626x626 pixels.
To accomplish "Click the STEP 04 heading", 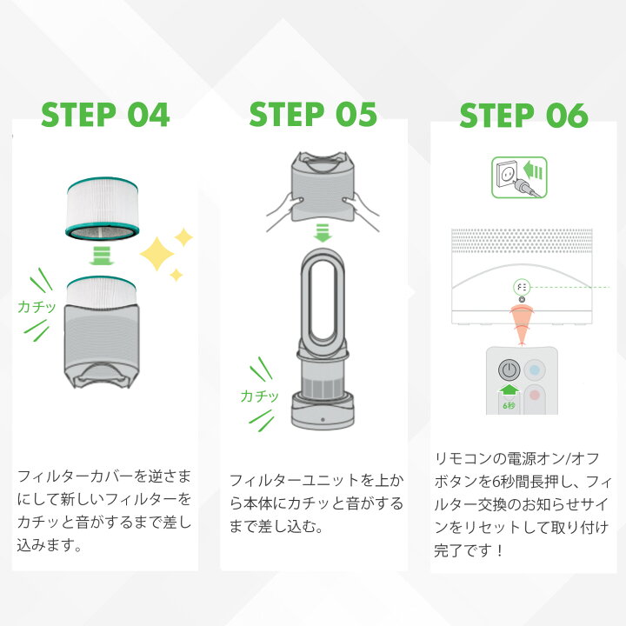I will [x=105, y=115].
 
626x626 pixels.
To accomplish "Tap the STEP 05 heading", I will [x=313, y=115].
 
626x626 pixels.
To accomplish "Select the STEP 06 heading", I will [x=523, y=116].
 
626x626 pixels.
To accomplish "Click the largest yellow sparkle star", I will [x=157, y=254].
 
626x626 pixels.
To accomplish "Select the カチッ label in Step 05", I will [x=259, y=396].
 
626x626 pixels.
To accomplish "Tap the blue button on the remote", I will [x=536, y=369].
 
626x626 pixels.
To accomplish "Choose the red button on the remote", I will [x=536, y=396].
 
